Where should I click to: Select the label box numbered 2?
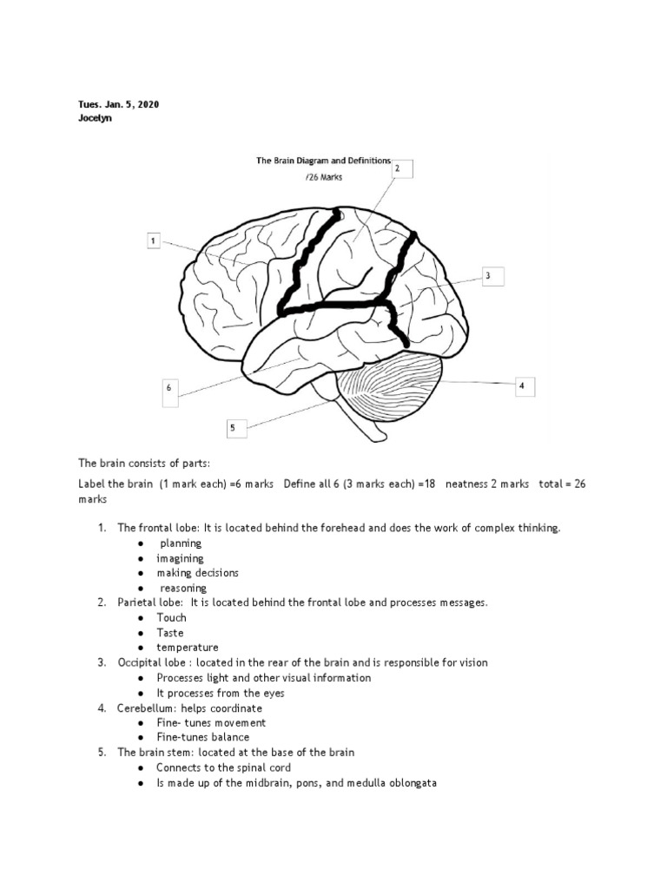[397, 170]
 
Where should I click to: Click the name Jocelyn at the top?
[96, 119]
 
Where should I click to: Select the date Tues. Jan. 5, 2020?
[118, 104]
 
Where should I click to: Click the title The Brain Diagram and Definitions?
[323, 161]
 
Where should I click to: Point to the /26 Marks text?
[324, 176]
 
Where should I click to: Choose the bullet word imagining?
[180, 558]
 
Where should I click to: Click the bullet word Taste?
[170, 633]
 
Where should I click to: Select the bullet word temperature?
[187, 648]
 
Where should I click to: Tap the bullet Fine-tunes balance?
[202, 737]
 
